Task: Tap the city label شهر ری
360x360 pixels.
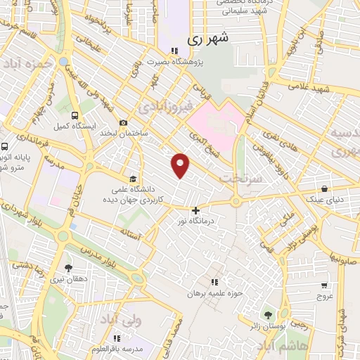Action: point(209,41)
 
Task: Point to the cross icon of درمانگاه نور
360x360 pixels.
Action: point(195,210)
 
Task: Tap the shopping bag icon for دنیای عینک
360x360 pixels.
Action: point(324,189)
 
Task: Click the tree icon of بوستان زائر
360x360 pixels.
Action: point(267,314)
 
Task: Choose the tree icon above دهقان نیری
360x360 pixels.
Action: point(68,268)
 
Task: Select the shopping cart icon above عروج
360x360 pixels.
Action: point(323,285)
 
